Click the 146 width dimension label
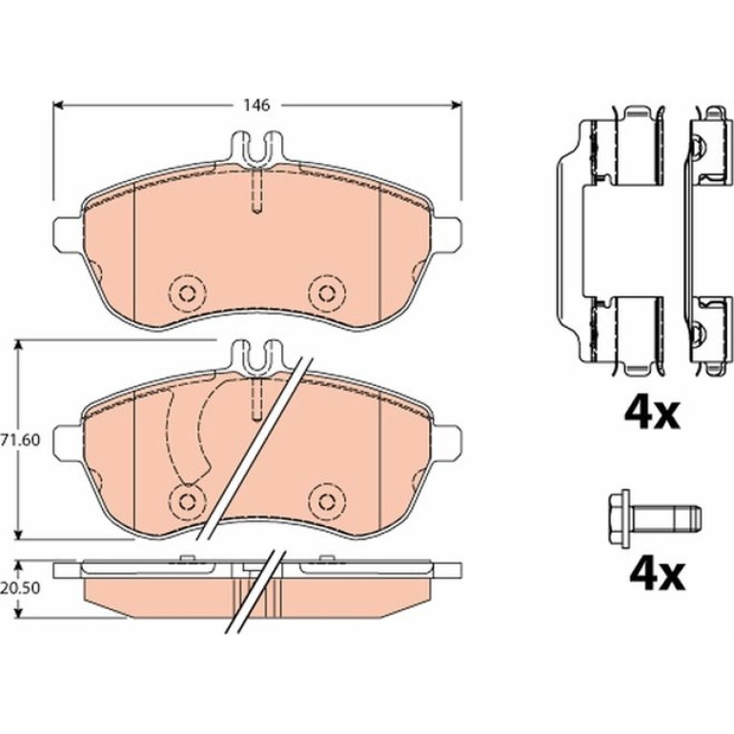[256, 105]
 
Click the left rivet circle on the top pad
[187, 294]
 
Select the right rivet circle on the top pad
[327, 294]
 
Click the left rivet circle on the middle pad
[187, 500]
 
